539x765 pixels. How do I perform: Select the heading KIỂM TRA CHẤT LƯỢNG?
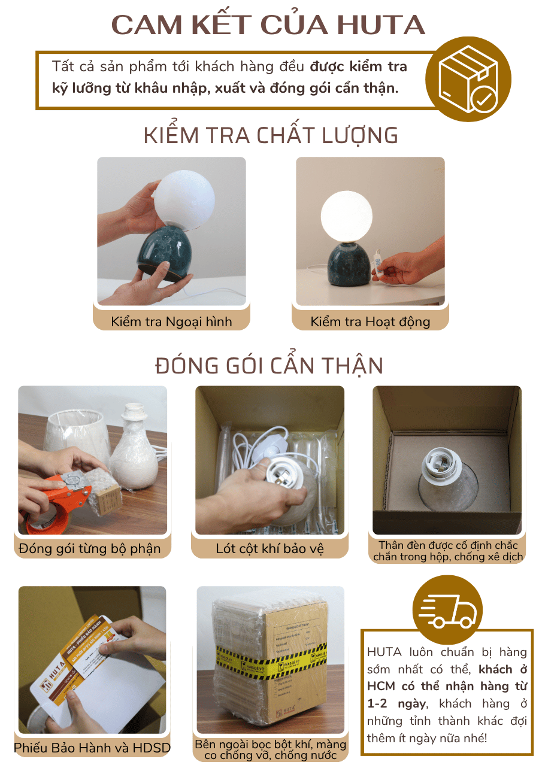point(271,135)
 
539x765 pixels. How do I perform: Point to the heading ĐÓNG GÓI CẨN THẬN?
point(269,365)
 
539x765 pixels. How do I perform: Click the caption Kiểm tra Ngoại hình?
point(171,321)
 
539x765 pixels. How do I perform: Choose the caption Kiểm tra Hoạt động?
point(370,321)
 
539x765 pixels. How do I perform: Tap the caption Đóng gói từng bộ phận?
point(90,548)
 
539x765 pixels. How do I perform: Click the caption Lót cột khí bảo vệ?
point(270,548)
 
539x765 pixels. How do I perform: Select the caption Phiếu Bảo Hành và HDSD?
point(92,748)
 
